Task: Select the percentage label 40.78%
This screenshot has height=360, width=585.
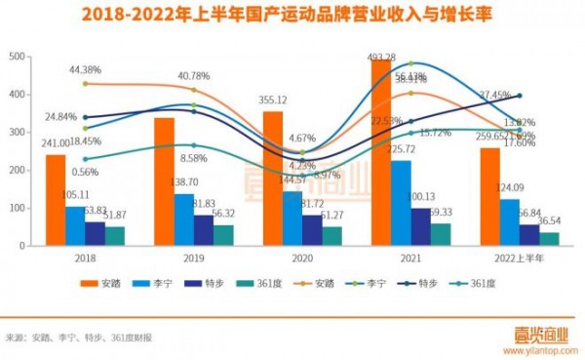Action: click(193, 76)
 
